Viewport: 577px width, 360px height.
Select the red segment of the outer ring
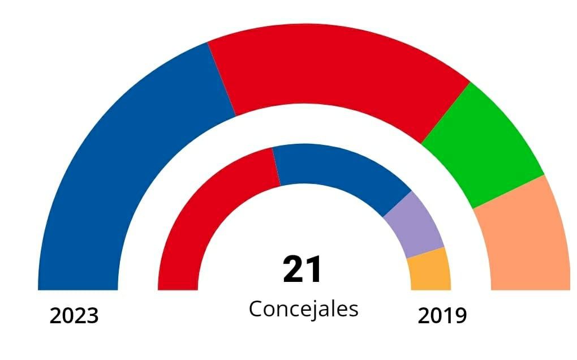pos(334,74)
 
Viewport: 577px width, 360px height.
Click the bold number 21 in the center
pos(303,269)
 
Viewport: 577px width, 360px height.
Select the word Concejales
pos(303,309)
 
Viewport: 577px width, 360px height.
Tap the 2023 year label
pos(74,316)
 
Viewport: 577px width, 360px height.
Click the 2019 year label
pos(442,316)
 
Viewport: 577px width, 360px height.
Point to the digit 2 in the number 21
pos(294,269)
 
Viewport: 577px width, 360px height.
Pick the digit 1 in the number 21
pos(314,269)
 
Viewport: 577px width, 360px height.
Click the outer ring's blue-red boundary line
pos(222,79)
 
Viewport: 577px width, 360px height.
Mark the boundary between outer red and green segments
pos(445,112)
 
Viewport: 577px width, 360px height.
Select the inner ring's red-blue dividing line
pos(276,166)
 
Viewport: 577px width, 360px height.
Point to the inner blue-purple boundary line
pos(397,204)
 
